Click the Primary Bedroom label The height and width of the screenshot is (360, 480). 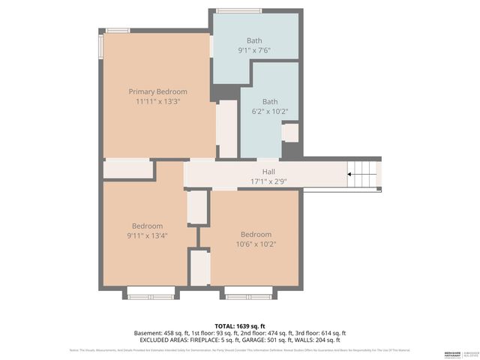pyautogui.click(x=157, y=91)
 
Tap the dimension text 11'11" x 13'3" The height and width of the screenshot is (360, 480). pyautogui.click(x=157, y=101)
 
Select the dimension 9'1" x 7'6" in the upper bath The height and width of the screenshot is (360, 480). pyautogui.click(x=253, y=51)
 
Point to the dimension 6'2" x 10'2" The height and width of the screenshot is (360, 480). pyautogui.click(x=269, y=112)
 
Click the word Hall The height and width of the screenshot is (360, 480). pyautogui.click(x=268, y=171)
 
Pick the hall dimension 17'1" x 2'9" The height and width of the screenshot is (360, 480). pyautogui.click(x=268, y=181)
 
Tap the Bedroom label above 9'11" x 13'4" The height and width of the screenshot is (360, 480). pyautogui.click(x=147, y=226)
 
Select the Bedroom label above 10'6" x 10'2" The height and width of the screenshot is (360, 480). pyautogui.click(x=256, y=234)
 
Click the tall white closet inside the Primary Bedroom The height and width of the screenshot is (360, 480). pyautogui.click(x=226, y=129)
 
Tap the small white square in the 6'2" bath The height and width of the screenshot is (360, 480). pyautogui.click(x=289, y=133)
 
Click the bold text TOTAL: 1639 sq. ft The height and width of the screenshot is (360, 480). pyautogui.click(x=239, y=325)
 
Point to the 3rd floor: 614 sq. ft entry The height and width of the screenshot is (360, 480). pyautogui.click(x=317, y=333)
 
